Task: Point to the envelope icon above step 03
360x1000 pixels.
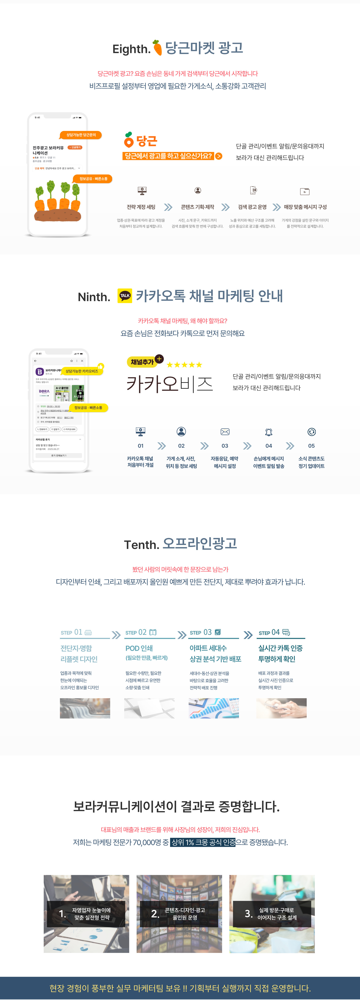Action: [x=225, y=432]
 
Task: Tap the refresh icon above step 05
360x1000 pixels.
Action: [x=311, y=432]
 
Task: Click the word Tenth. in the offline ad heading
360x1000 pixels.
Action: [x=141, y=545]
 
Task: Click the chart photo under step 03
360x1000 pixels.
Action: [x=214, y=708]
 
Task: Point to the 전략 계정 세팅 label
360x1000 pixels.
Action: [x=141, y=207]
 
